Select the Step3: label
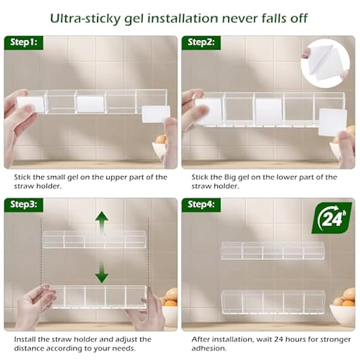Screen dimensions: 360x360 click(x=23, y=204)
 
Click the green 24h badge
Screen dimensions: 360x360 click(x=331, y=218)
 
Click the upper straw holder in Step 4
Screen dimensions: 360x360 click(x=272, y=250)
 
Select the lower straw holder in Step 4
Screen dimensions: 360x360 click(x=272, y=301)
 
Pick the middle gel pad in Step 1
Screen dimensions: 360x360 click(x=90, y=104)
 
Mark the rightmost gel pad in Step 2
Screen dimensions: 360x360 click(x=332, y=122)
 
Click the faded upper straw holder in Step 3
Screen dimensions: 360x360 click(x=95, y=239)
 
